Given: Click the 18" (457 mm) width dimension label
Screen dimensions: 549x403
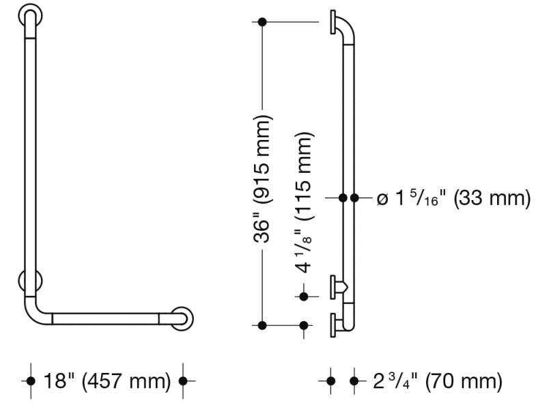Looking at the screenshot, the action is point(107,381).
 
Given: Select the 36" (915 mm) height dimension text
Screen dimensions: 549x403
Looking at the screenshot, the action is point(262,178).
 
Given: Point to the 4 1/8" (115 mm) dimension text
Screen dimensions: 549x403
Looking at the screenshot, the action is point(304,203).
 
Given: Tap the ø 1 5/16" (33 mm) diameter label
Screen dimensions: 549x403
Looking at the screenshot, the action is point(453,198).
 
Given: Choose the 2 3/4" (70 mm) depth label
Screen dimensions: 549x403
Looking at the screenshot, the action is point(438,381).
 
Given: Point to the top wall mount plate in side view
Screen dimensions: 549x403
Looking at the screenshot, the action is point(333,22).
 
